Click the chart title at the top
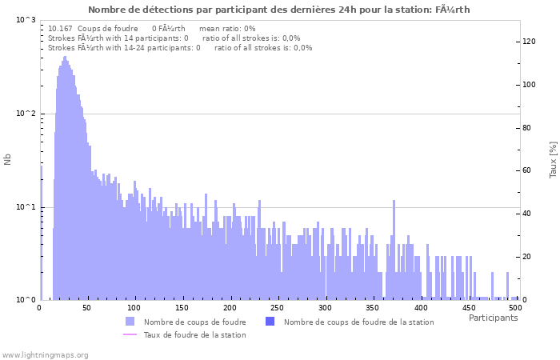pos(279,10)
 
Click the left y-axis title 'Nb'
pos(8,159)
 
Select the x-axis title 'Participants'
pos(493,318)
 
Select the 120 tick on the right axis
pos(529,42)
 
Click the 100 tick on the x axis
pos(134,307)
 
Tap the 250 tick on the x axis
pos(278,307)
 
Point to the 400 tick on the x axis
pos(421,307)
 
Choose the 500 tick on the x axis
pos(516,307)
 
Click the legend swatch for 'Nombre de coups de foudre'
pos(130,322)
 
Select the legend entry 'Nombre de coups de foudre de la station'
pos(358,322)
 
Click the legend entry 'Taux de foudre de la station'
pos(194,334)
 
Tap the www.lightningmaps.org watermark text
pos(46,354)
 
